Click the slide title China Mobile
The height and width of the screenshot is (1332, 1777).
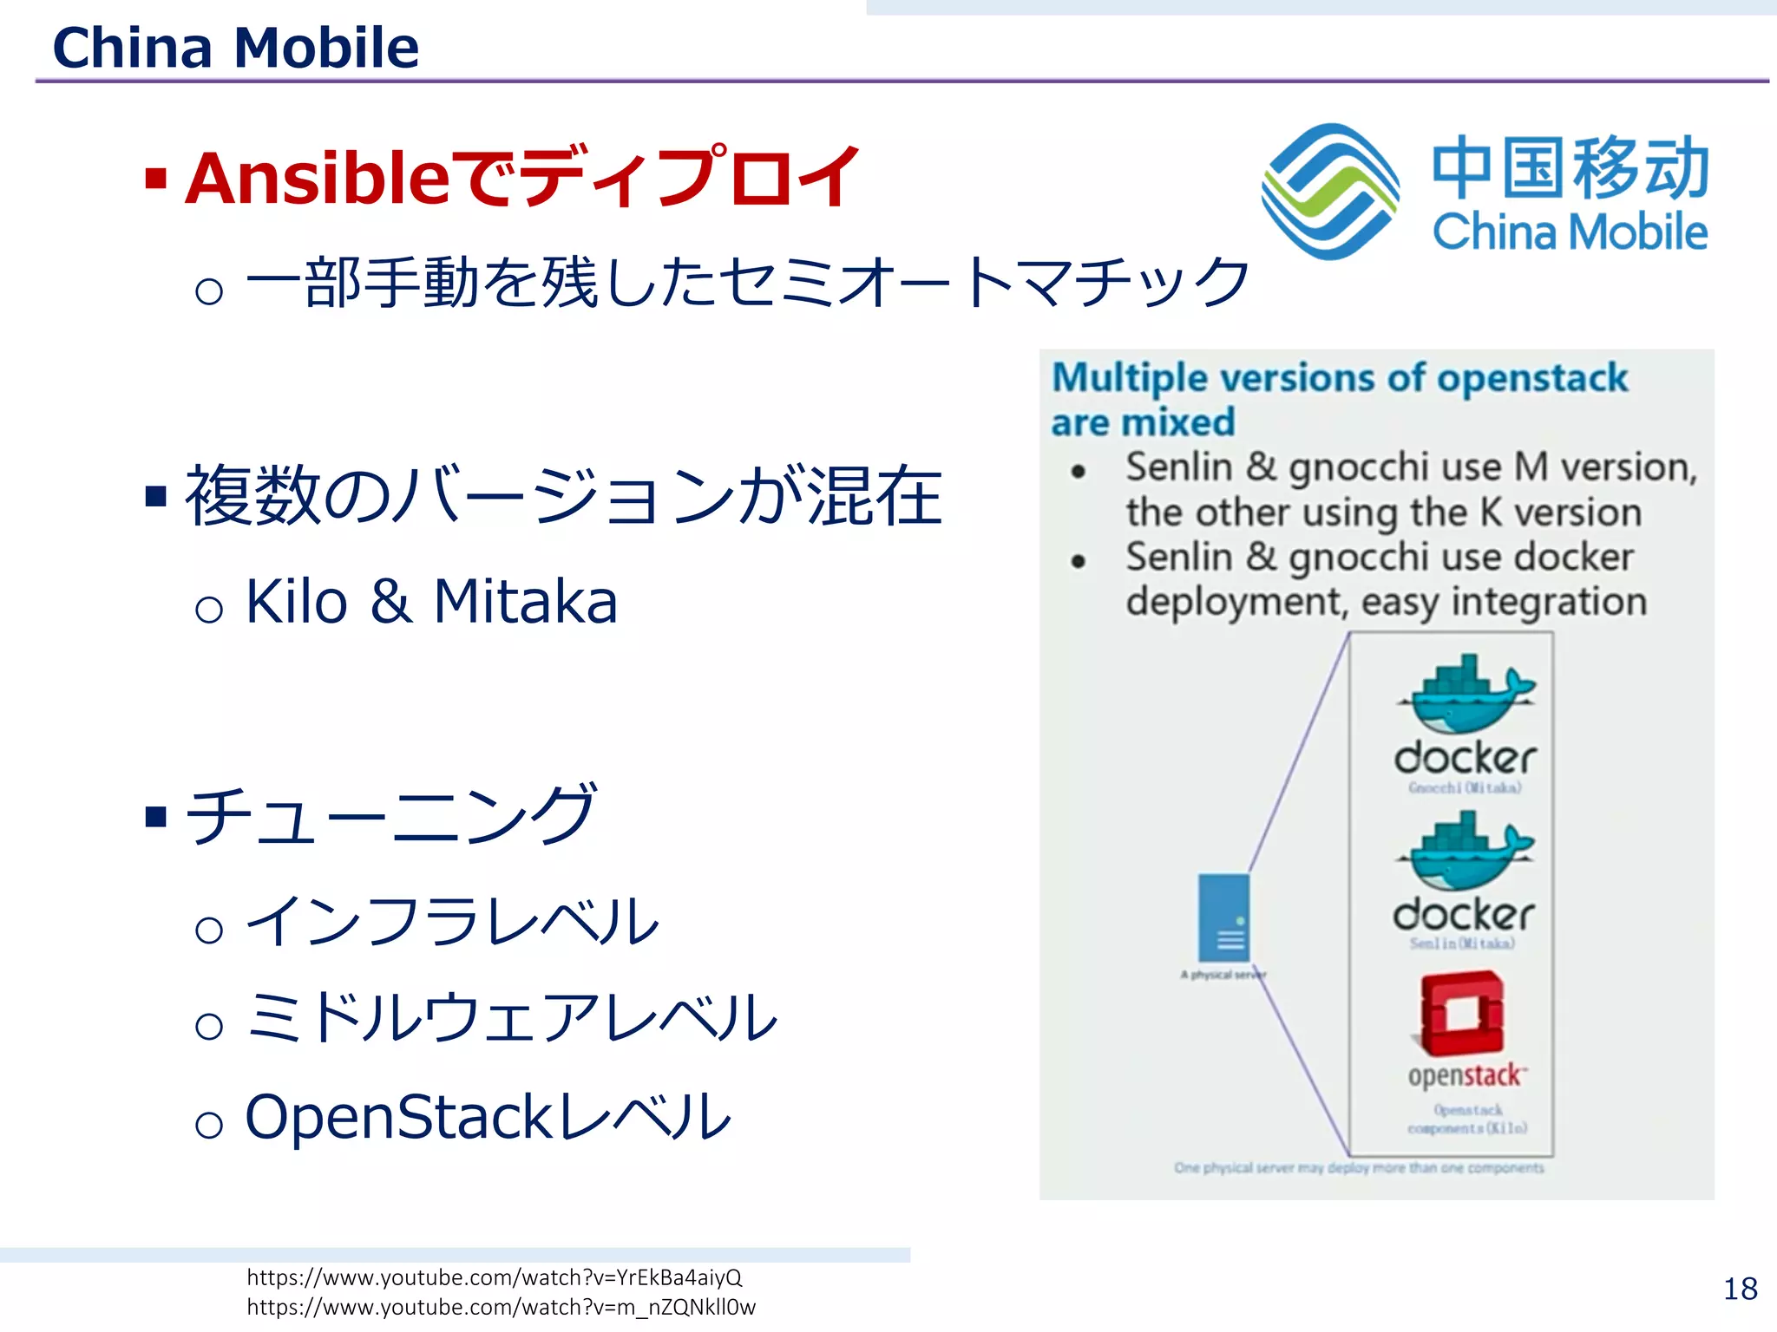(235, 47)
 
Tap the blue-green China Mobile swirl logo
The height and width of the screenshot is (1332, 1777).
(1329, 192)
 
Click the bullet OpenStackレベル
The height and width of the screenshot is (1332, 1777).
(489, 1116)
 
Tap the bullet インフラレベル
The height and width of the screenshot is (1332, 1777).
(451, 921)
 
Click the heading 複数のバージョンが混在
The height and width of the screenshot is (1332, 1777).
(564, 496)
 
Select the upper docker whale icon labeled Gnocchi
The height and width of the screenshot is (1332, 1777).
(1466, 694)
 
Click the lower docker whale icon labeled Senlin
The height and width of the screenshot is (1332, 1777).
(1465, 851)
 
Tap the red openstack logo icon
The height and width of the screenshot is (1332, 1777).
(1462, 1013)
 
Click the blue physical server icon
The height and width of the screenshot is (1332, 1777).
(1223, 917)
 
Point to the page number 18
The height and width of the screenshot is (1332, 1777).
(1740, 1289)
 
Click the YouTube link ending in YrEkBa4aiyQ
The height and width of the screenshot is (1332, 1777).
(495, 1277)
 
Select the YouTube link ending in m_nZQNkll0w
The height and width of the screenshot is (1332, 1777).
(501, 1307)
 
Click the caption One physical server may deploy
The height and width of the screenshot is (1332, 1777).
(1359, 1168)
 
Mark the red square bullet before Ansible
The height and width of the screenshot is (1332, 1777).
(156, 180)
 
